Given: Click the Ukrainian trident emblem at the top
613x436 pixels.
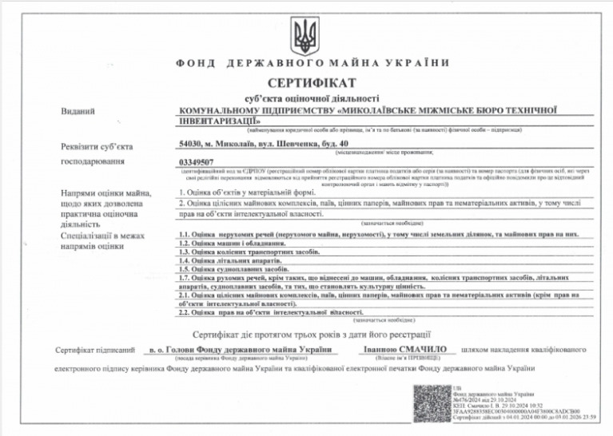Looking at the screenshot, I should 305,34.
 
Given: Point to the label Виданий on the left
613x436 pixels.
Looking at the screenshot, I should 73,111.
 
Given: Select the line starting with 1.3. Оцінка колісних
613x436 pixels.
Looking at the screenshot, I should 249,252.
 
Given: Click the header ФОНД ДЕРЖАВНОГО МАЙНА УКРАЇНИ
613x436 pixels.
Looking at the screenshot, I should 305,62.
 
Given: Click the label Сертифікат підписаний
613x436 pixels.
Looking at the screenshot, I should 89,350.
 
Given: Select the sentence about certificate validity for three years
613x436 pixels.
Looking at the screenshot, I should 312,333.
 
